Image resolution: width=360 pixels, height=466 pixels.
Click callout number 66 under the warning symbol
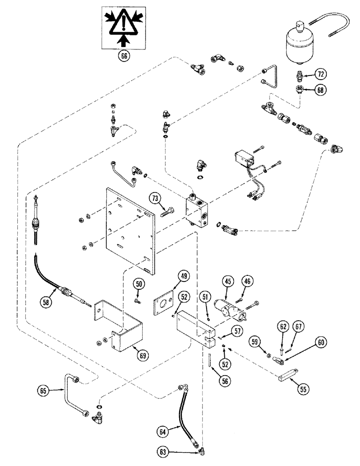[124, 56]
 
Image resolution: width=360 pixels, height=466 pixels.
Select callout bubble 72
[321, 74]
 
